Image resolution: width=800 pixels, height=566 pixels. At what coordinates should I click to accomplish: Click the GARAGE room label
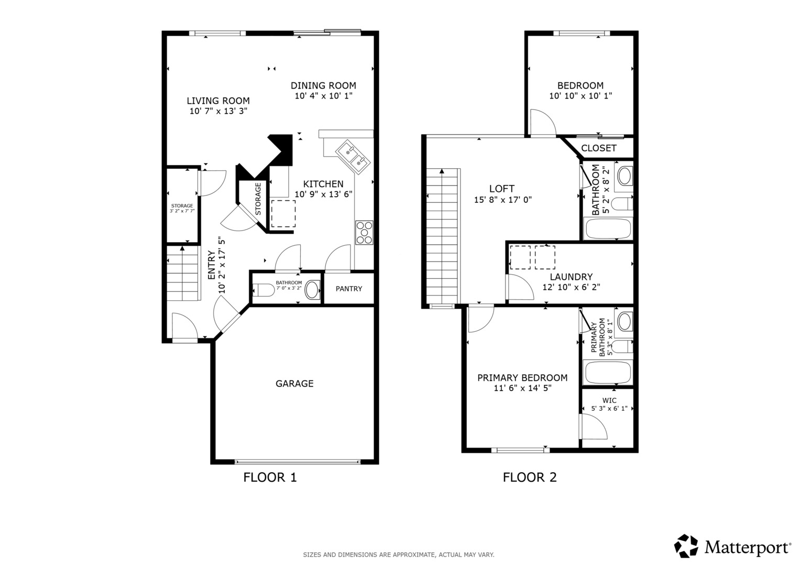click(294, 384)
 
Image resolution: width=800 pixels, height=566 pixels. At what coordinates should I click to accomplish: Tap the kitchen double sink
click(352, 158)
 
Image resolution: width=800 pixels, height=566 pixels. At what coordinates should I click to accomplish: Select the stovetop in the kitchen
click(364, 233)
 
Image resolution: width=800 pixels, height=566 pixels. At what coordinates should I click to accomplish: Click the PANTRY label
click(349, 289)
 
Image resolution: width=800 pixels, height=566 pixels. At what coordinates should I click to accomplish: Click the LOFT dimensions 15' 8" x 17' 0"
click(502, 200)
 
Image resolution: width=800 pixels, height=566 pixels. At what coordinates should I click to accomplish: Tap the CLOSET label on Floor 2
click(599, 148)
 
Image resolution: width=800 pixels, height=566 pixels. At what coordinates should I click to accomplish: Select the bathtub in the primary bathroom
click(608, 372)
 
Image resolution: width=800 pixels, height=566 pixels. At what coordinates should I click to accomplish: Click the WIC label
click(609, 400)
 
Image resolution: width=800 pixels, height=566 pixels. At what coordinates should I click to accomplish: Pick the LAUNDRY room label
click(571, 277)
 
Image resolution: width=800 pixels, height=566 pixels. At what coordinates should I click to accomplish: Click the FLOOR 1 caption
click(270, 477)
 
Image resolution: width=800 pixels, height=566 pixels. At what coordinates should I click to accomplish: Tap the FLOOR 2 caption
click(530, 477)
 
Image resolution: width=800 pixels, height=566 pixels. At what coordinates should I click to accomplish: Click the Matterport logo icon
click(686, 546)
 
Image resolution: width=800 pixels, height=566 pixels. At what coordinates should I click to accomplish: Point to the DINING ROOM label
click(323, 86)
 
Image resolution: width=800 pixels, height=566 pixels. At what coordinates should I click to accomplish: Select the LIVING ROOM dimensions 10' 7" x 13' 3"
click(218, 111)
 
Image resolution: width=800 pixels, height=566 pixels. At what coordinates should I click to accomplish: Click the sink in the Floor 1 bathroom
click(312, 289)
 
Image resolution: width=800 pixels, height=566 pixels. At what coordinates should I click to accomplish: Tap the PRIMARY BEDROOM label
click(522, 378)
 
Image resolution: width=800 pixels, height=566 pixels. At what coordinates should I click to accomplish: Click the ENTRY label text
click(212, 266)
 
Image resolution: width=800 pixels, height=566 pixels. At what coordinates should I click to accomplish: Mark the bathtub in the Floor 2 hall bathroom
click(608, 228)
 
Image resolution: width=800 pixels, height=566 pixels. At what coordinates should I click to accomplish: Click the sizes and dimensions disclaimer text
click(399, 555)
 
